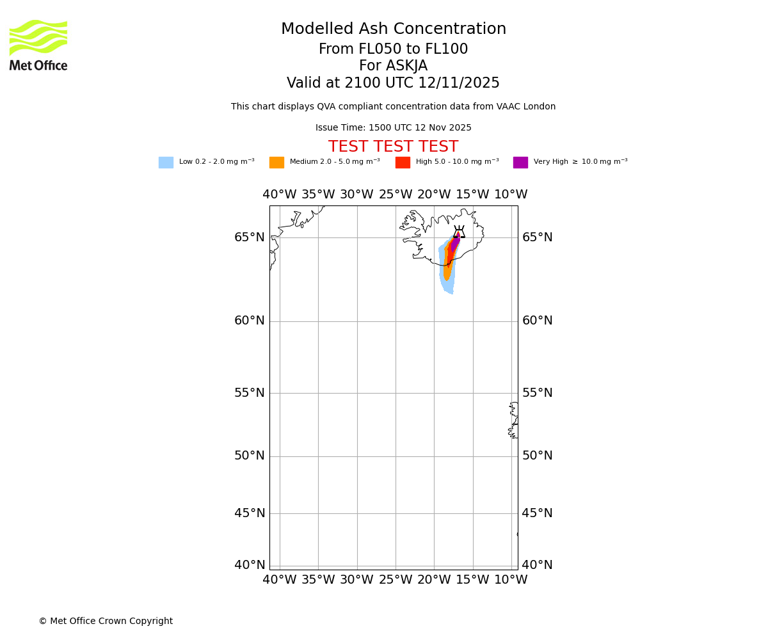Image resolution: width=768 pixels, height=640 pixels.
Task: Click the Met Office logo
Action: [38, 45]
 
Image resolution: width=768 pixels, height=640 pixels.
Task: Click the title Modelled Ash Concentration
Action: [394, 29]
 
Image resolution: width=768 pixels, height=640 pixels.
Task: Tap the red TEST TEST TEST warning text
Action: [393, 147]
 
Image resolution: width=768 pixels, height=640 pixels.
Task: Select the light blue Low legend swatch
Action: [166, 163]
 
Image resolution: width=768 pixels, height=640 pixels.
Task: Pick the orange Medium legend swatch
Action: [276, 163]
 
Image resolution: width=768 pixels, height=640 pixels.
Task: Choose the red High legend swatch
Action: [403, 163]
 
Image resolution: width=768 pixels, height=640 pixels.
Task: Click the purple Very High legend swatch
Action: [520, 163]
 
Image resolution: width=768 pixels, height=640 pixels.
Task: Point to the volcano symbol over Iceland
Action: [459, 232]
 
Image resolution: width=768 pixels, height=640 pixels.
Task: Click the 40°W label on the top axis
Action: [280, 195]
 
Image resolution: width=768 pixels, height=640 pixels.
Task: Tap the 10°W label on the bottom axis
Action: [511, 580]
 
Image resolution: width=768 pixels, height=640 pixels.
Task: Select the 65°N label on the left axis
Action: [250, 237]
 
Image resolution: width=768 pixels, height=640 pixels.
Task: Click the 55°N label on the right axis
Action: [538, 393]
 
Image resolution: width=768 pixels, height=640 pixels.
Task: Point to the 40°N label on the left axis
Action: [250, 565]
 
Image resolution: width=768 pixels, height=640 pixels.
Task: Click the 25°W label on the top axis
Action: [396, 195]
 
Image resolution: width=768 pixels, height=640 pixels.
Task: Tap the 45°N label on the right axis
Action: [538, 513]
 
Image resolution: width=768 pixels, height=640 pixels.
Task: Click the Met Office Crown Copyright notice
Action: [106, 621]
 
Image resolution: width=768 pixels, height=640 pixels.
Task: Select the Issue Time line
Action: [393, 128]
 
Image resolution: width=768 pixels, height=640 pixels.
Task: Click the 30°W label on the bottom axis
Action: [356, 580]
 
